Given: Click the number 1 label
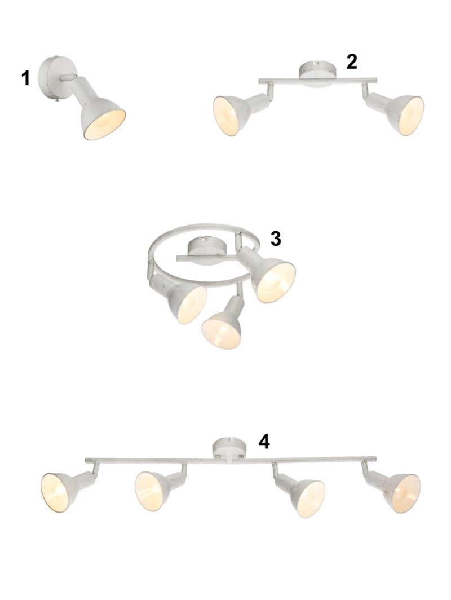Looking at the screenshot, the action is [25, 78].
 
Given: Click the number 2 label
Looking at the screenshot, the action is [352, 62].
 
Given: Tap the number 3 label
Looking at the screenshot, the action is [276, 239].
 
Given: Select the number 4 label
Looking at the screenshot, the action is [264, 442].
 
